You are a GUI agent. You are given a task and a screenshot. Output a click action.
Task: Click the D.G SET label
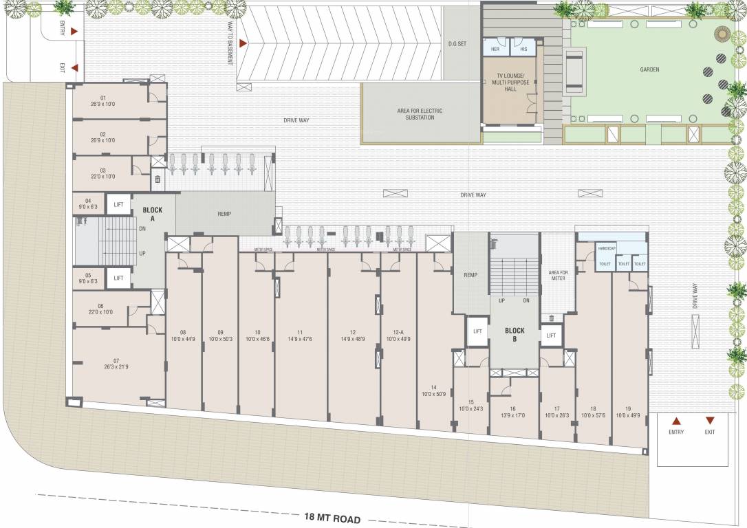(457, 43)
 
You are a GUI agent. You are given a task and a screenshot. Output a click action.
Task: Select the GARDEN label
(649, 69)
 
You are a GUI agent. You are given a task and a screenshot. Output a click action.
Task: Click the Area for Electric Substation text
(420, 114)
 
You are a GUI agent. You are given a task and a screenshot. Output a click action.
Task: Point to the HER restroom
(495, 49)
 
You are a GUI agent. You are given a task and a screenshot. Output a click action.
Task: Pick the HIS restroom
(523, 49)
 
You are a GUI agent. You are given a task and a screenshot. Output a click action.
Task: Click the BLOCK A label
(152, 213)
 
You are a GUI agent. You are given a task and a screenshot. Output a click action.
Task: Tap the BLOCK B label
(514, 335)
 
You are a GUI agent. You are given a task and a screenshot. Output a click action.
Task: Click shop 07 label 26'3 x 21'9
(116, 364)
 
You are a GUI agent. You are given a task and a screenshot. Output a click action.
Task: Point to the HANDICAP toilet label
(606, 248)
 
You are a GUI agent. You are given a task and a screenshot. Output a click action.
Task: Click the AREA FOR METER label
(557, 276)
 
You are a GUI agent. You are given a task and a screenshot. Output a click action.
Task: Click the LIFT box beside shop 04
(119, 204)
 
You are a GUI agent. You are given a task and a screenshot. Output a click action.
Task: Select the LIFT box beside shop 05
(119, 278)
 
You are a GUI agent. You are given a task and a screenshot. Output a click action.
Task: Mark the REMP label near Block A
(224, 214)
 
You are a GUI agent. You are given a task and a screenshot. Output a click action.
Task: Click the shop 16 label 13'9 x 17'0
(513, 412)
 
